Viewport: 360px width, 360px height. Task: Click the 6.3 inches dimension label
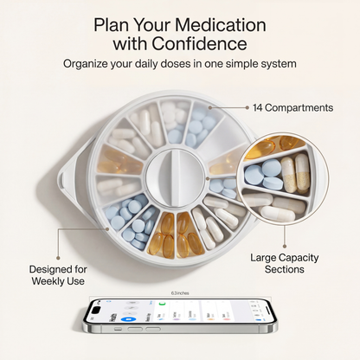click(181, 292)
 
